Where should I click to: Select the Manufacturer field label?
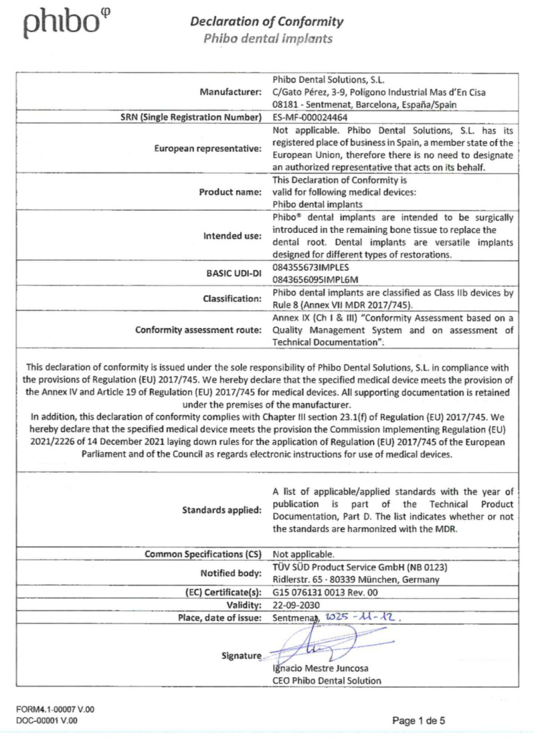point(230,90)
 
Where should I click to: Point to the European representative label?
point(209,148)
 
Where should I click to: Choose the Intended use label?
point(232,236)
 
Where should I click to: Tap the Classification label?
point(232,298)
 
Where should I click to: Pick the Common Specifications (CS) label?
point(202,554)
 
